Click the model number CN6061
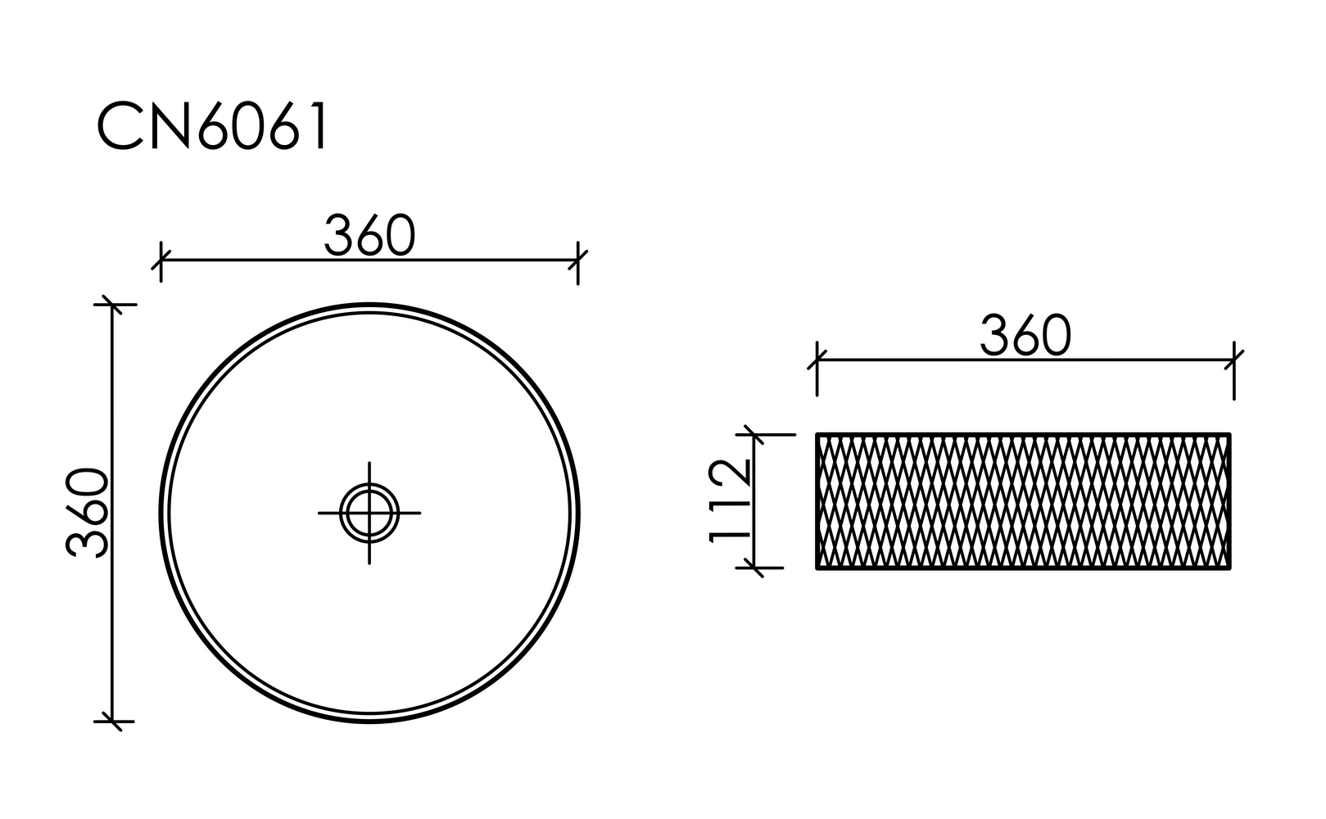(x=212, y=125)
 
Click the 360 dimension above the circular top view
(x=370, y=235)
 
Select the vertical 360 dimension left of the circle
(x=88, y=513)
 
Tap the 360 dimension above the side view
(x=1026, y=335)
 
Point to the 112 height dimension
(x=730, y=500)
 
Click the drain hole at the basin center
(x=369, y=513)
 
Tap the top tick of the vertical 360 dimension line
(x=112, y=305)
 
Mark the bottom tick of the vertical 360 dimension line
(x=112, y=722)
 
